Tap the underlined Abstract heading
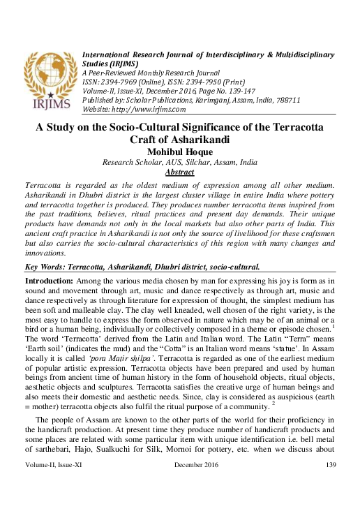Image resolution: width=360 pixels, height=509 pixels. tap(179, 172)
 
